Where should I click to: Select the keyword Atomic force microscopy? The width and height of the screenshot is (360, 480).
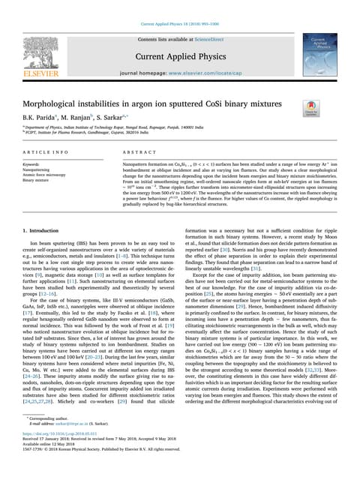[x=44, y=175]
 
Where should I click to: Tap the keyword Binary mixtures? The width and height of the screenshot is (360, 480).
[x=37, y=181]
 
